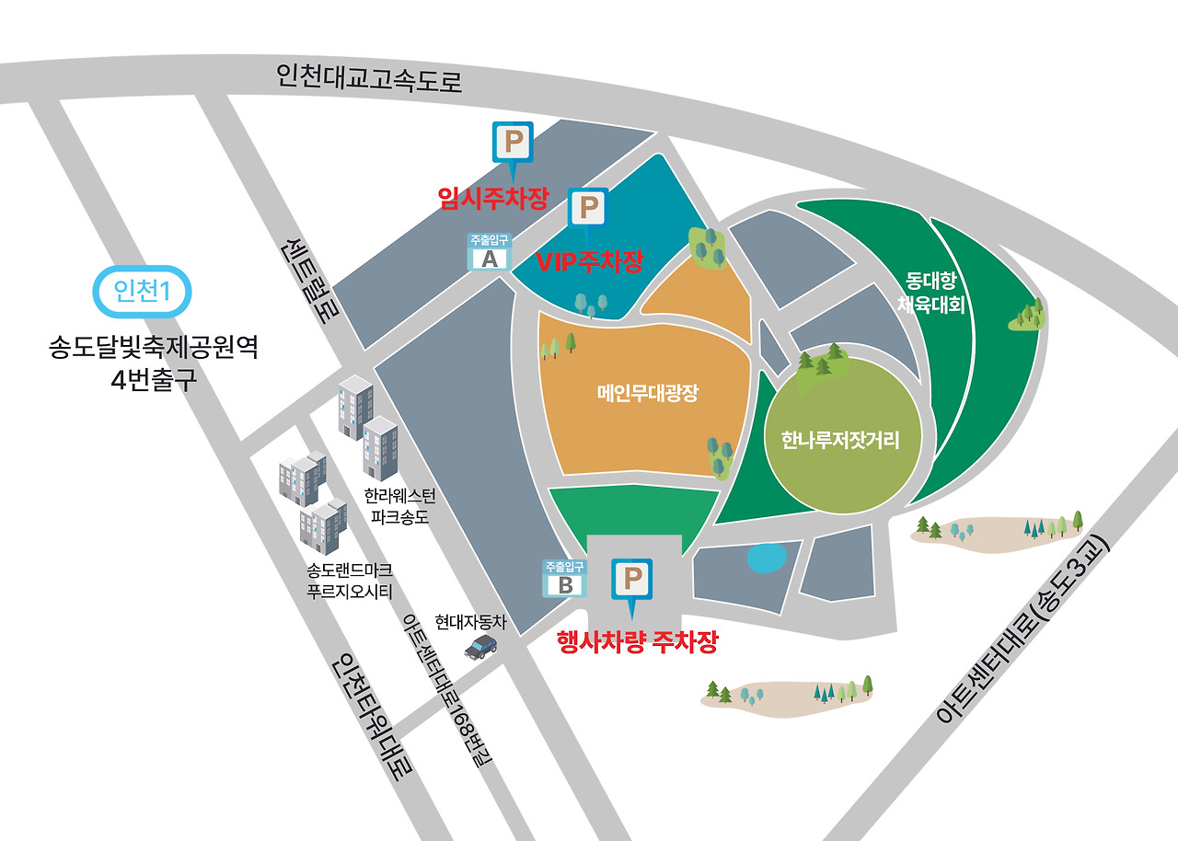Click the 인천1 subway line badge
click(x=143, y=291)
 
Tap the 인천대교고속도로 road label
click(x=369, y=78)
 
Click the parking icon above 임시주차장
click(x=513, y=144)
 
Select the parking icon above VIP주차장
click(x=587, y=209)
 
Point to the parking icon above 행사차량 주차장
click(x=631, y=580)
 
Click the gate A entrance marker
click(x=490, y=253)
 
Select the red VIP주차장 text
click(x=589, y=261)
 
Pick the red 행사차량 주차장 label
click(x=637, y=641)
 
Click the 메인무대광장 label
click(x=648, y=394)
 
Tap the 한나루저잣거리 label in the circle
click(x=839, y=440)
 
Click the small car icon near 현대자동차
click(x=480, y=648)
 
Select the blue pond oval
click(x=766, y=558)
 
